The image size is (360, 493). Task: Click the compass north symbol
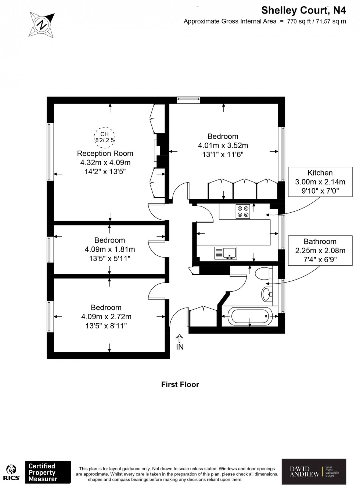42,24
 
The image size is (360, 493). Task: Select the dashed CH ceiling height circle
104,137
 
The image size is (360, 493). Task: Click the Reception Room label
105,154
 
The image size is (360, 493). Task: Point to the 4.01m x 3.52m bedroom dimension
223,145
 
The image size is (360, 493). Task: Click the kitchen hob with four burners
243,211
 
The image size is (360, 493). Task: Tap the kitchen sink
225,253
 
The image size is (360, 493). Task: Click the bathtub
250,316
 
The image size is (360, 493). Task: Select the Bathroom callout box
320,251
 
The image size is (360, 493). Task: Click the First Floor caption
180,385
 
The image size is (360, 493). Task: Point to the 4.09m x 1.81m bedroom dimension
109,249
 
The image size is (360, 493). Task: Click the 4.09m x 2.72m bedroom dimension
106,317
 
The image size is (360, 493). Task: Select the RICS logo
11,472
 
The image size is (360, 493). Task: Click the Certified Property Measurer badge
48,472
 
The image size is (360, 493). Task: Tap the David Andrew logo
314,471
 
